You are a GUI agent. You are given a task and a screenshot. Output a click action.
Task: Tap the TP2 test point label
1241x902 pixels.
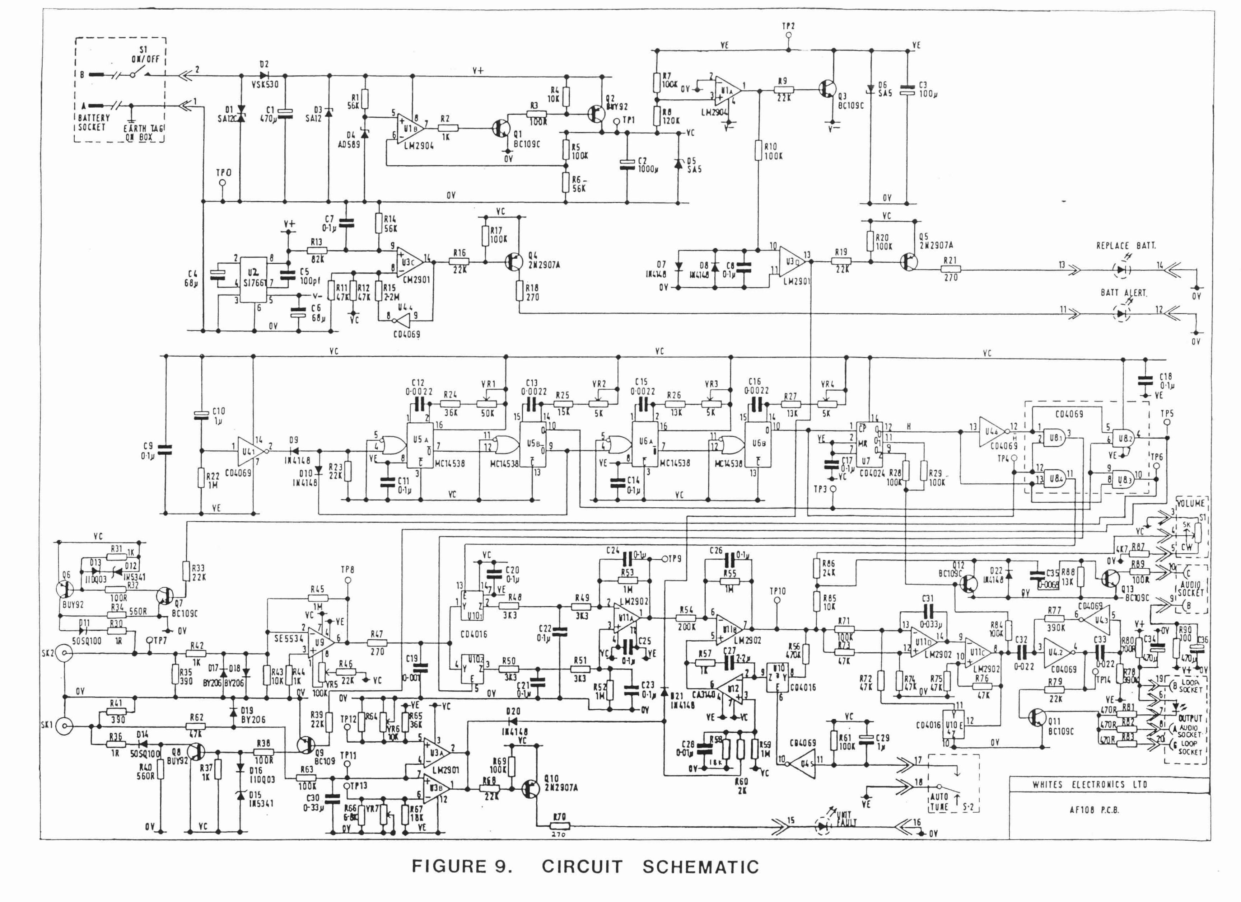pyautogui.click(x=788, y=26)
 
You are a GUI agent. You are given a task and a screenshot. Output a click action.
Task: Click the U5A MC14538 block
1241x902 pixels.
pyautogui.click(x=419, y=446)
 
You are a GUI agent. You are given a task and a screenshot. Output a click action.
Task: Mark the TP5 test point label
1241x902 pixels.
pyautogui.click(x=1167, y=414)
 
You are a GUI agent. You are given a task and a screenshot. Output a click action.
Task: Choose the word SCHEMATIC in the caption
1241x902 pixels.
pyautogui.click(x=700, y=867)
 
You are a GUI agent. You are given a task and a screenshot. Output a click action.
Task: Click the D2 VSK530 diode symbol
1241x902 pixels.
pyautogui.click(x=265, y=75)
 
